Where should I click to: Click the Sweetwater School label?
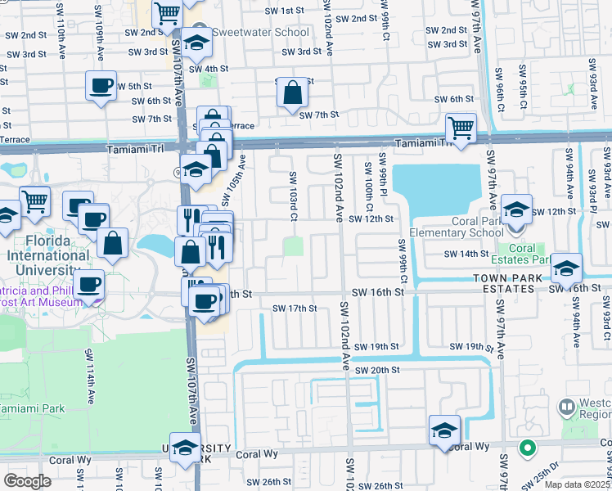pos(260,34)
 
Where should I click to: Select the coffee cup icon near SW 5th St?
pos(102,86)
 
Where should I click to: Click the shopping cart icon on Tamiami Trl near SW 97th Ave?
pos(461,128)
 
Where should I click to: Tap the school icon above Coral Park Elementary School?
pos(516,209)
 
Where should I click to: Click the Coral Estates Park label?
pos(522,253)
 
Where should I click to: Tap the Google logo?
pos(27,480)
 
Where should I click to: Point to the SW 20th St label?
pos(373,370)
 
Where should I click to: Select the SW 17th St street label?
pos(294,309)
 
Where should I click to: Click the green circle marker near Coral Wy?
pos(527,448)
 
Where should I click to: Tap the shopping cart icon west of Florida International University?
pos(35,201)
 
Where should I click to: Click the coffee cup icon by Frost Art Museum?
pos(89,285)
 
